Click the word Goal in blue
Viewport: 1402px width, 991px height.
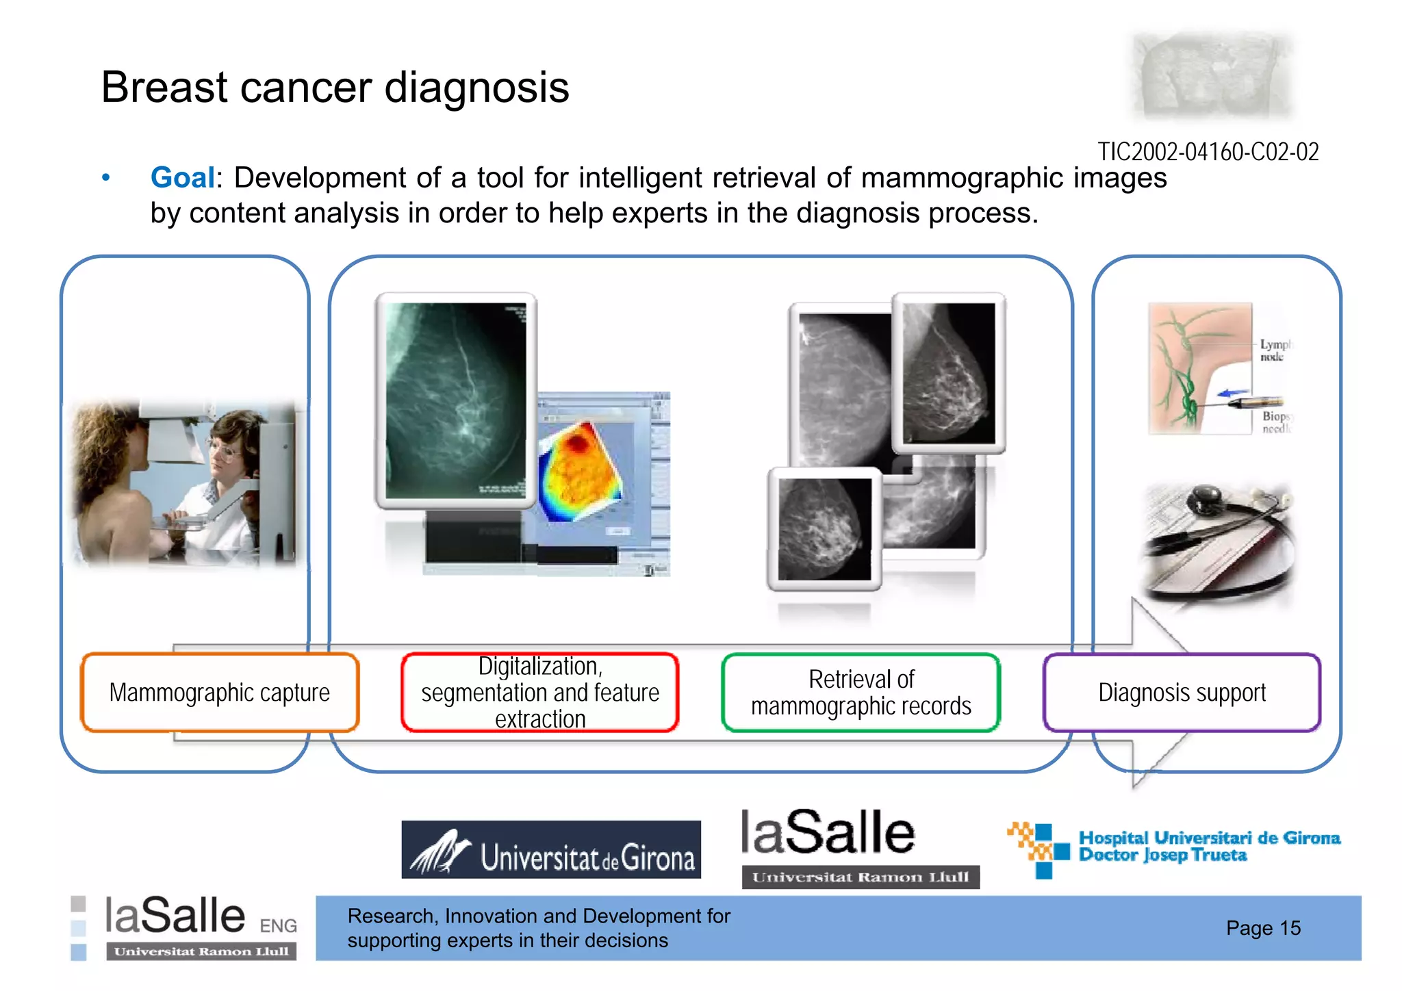(182, 178)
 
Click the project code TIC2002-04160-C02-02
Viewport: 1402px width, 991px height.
(1208, 152)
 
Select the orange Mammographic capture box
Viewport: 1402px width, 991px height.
(220, 693)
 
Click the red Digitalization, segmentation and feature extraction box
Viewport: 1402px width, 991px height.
(540, 693)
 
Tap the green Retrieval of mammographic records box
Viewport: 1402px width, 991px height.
(861, 693)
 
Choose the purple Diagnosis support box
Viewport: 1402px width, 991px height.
(1182, 693)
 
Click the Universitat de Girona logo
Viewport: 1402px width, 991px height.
(551, 849)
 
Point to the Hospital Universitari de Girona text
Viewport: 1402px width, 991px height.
(1209, 846)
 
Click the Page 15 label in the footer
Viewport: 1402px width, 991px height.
(1263, 928)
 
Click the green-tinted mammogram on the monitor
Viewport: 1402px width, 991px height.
(455, 400)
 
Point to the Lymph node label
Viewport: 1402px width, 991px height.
(1273, 350)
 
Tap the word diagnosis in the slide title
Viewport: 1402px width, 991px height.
(476, 88)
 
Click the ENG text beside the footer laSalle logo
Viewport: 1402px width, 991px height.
(278, 925)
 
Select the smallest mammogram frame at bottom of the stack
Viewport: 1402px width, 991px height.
(824, 529)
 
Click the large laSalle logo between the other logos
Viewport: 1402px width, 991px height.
(828, 834)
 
